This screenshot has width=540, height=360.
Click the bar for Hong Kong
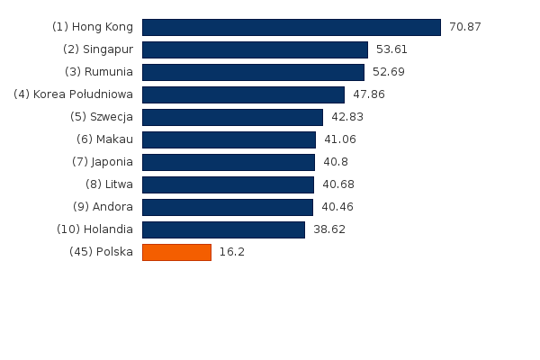coord(291,27)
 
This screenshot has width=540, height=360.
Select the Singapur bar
coord(255,49)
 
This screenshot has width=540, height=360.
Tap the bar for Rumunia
coord(253,72)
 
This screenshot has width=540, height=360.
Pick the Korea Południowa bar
coord(243,94)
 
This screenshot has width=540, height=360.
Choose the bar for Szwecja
coord(232,117)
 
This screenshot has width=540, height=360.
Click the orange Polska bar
coord(176,252)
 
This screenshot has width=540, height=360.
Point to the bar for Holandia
coord(223,229)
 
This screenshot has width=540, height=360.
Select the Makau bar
coord(229,139)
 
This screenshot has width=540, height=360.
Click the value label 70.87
coord(465,27)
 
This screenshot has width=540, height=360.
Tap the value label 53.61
coord(391,49)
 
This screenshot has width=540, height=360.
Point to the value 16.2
coord(232,252)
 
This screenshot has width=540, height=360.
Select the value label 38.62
coord(329,229)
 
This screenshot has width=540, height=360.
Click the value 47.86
coord(369,94)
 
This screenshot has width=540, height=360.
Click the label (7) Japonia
coord(103,162)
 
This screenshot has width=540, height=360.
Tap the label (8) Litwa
coord(109,184)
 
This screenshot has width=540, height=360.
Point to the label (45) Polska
coord(101,252)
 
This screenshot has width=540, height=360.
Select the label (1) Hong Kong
coord(93,27)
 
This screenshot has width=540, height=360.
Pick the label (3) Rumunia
coord(99,72)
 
